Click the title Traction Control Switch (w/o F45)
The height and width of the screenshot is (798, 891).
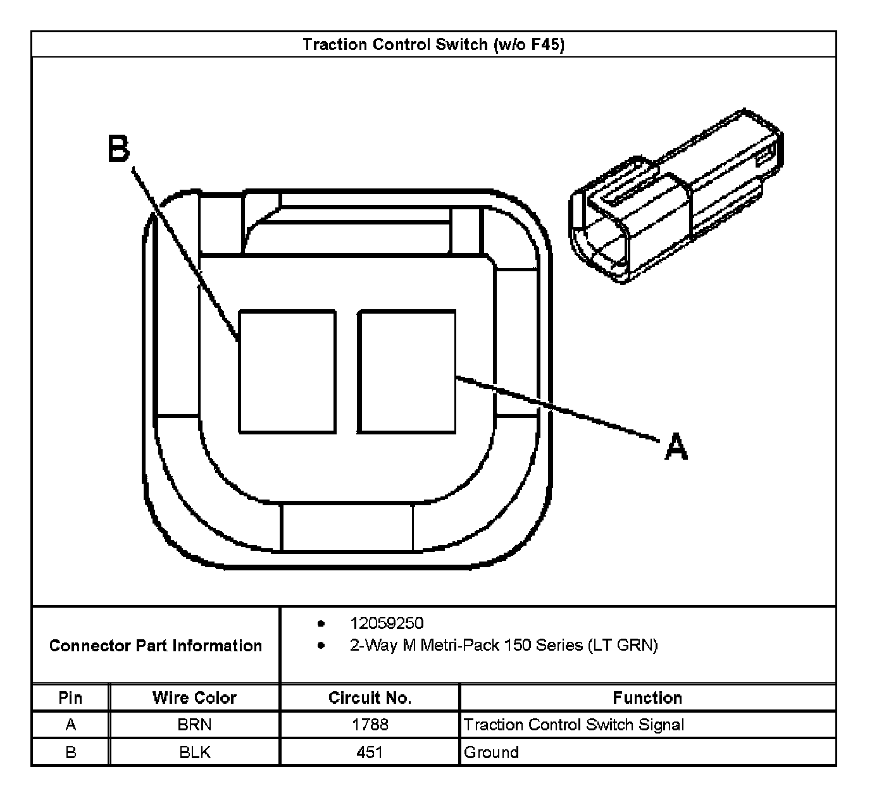coord(433,44)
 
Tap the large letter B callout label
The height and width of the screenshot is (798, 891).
coord(118,149)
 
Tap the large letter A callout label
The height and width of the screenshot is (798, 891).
coord(676,446)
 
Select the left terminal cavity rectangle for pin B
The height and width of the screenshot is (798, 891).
coord(287,371)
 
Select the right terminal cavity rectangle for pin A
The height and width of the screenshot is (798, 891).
coord(406,371)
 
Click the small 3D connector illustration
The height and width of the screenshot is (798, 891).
coord(675,196)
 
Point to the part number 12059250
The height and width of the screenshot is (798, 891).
coord(387,623)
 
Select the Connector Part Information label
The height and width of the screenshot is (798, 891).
coord(156,646)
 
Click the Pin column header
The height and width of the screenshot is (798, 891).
coord(70,697)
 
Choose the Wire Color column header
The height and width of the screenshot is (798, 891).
coord(194,697)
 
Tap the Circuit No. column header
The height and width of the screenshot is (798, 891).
coord(370,697)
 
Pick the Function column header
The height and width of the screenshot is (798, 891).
coord(647,697)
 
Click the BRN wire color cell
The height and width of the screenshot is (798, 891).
coord(194,725)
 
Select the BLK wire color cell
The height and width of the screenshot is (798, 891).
coord(194,752)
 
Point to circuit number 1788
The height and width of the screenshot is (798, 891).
coord(370,725)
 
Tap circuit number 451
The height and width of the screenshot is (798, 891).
coord(370,752)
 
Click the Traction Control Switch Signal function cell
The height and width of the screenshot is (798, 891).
coord(573,725)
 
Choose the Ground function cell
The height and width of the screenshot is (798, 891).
coord(491,752)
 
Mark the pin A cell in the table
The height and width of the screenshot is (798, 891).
coord(70,725)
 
